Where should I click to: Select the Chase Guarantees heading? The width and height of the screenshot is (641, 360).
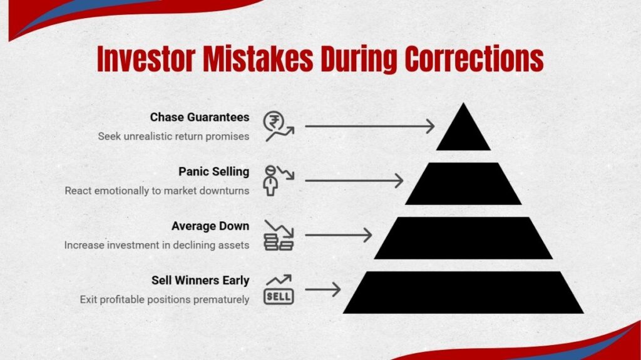click(x=200, y=117)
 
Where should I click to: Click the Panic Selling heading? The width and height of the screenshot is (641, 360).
click(x=213, y=172)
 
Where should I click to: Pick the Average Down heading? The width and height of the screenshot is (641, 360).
click(x=210, y=226)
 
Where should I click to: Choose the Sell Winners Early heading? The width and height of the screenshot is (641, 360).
click(x=200, y=281)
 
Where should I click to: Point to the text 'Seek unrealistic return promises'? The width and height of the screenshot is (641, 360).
click(x=173, y=136)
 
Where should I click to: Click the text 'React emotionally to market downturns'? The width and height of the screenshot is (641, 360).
click(x=157, y=191)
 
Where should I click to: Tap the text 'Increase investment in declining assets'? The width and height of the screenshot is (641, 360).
click(x=156, y=245)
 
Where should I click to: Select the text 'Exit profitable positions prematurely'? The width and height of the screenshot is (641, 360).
click(x=165, y=299)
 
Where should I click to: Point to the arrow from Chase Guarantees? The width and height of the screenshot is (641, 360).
click(x=369, y=126)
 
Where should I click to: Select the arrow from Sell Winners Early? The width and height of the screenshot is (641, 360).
click(x=322, y=289)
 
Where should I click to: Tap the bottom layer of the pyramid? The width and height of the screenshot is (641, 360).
click(x=463, y=292)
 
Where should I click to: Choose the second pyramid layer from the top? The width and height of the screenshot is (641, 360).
click(x=463, y=183)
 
